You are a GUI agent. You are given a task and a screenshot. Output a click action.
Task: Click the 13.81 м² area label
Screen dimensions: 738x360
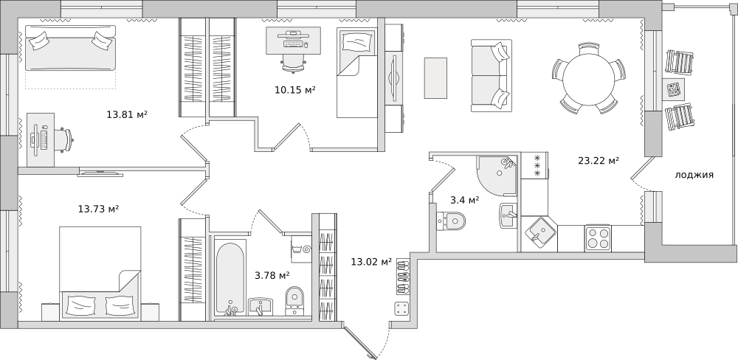click(127, 114)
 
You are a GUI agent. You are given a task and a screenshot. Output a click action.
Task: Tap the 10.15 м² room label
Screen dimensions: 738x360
click(295, 89)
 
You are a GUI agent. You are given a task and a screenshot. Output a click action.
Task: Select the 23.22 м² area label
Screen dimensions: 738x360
click(599, 161)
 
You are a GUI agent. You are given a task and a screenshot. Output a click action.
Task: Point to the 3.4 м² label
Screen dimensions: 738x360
click(464, 200)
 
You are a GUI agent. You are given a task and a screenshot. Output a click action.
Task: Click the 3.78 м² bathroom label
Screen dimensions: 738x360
click(272, 275)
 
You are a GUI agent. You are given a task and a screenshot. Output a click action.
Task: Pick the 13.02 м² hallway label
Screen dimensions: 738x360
click(371, 262)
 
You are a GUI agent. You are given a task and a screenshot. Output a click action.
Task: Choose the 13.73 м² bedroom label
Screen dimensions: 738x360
click(98, 208)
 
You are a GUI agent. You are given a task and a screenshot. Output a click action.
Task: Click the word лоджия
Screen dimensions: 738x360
click(694, 176)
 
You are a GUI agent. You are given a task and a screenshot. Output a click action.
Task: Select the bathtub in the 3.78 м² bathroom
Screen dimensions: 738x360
click(230, 278)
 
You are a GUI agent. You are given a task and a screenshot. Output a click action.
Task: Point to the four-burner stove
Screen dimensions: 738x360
click(599, 238)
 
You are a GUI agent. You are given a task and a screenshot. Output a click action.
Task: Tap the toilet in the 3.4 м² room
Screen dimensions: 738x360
click(451, 220)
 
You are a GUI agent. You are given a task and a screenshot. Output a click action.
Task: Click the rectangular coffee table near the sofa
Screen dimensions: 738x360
click(435, 77)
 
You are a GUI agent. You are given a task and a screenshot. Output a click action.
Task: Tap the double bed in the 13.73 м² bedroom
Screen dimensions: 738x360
click(100, 274)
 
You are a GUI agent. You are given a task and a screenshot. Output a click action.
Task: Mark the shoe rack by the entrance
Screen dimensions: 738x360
click(402, 277)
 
